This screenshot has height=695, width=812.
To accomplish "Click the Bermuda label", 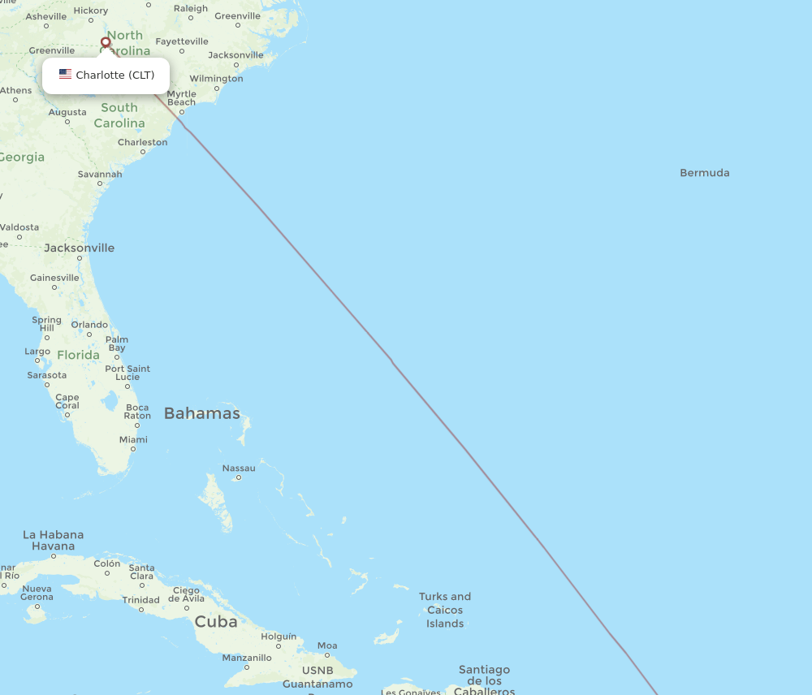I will click(x=704, y=173).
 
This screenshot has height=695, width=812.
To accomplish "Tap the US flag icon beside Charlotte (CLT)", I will click(x=65, y=75).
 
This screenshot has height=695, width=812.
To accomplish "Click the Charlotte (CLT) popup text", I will click(x=114, y=76).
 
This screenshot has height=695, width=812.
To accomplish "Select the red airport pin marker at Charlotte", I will click(x=106, y=42).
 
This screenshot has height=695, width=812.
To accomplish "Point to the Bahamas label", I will click(x=201, y=413).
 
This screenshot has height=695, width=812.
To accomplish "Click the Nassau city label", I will click(x=239, y=468).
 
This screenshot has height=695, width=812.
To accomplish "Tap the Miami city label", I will click(x=133, y=440).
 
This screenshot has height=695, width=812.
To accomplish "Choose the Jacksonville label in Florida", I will click(x=79, y=248).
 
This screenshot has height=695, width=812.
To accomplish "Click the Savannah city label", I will click(x=100, y=174).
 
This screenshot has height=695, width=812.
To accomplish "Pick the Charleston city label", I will click(x=142, y=142).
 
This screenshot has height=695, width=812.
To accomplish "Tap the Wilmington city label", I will click(x=216, y=79).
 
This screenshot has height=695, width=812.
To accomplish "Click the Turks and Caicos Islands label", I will click(x=445, y=610).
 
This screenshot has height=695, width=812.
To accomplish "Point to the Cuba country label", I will click(x=216, y=622).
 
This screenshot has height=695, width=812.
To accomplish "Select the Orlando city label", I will click(x=89, y=325).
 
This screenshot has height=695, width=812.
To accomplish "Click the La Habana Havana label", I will click(x=53, y=540).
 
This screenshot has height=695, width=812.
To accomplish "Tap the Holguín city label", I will click(x=279, y=637).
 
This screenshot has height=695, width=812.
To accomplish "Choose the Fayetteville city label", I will click(x=182, y=41).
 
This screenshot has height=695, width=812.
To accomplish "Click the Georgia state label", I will click(x=22, y=157).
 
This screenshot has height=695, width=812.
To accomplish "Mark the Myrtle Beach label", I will click(x=181, y=98).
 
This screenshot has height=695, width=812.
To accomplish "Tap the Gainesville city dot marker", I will click(x=54, y=287).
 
